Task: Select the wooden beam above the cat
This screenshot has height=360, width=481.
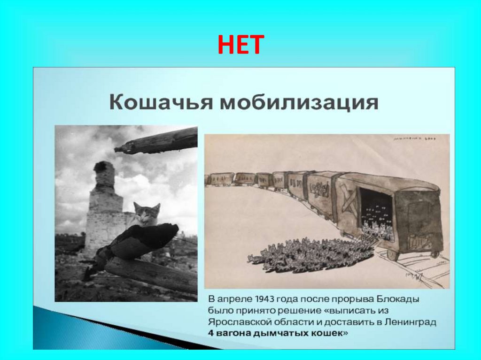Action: pyautogui.click(x=157, y=141)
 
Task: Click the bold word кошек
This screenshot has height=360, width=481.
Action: pyautogui.click(x=331, y=333)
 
